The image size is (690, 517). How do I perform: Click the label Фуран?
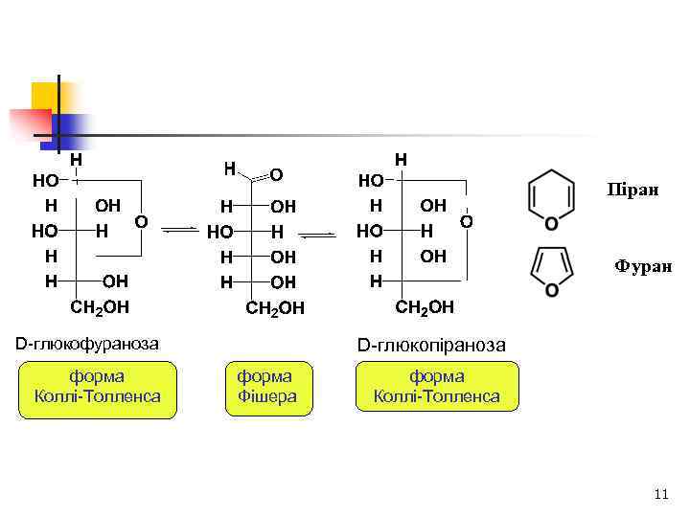pos(643,266)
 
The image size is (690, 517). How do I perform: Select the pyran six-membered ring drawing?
pos(551,199)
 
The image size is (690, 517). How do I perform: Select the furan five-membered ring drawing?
pos(552,270)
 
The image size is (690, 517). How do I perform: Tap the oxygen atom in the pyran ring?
pos(551,224)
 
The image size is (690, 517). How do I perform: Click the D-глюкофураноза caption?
pos(87,343)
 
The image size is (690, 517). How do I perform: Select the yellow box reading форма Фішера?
pos(266,386)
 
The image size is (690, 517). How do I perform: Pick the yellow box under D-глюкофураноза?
pos(98,387)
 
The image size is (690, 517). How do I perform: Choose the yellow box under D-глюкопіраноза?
pos(436,386)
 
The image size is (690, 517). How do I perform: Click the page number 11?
pos(658,494)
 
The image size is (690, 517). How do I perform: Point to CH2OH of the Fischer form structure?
pos(275,308)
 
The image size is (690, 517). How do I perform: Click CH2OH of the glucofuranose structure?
pos(101,307)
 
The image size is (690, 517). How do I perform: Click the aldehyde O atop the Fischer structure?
pos(276,175)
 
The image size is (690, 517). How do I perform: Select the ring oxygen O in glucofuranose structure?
pos(141,221)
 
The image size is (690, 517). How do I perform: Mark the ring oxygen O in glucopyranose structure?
pos(467,221)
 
